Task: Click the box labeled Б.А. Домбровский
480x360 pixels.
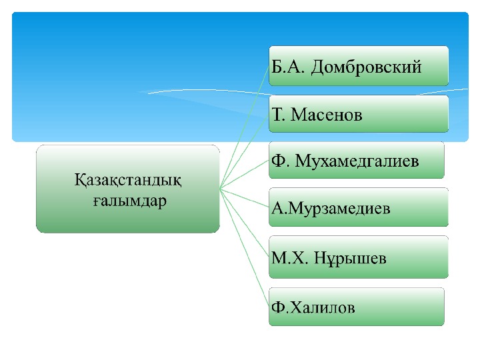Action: pyautogui.click(x=359, y=65)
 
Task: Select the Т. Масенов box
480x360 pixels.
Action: pyautogui.click(x=359, y=114)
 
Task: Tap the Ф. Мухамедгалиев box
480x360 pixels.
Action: pyautogui.click(x=357, y=161)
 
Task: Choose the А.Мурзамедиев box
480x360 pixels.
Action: pyautogui.click(x=359, y=208)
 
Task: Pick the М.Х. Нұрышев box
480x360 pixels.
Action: pyautogui.click(x=359, y=259)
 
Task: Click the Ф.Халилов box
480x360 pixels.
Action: pyautogui.click(x=357, y=307)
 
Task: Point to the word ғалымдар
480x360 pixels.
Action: pyautogui.click(x=128, y=200)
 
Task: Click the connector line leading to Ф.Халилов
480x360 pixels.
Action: pyautogui.click(x=244, y=248)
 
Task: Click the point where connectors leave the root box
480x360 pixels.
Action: pyautogui.click(x=220, y=189)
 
